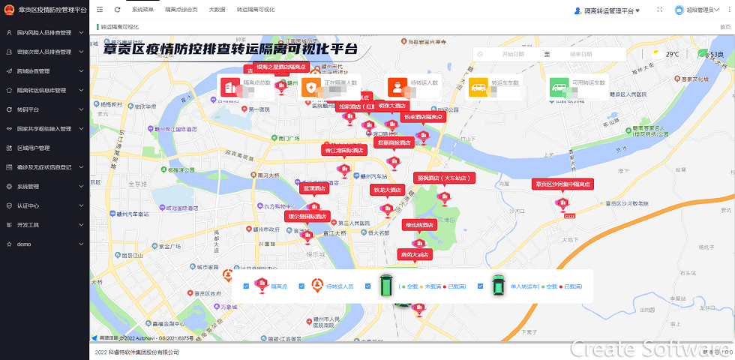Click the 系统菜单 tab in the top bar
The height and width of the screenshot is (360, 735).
pos(142,10)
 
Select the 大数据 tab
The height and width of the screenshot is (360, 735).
pos(217,10)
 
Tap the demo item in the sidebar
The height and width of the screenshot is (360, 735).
pos(23,244)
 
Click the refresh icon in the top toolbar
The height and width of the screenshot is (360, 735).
pos(118,10)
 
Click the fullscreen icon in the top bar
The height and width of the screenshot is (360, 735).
pos(660,10)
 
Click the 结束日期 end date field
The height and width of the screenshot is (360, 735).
pos(580,54)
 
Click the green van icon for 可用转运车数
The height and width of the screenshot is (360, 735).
pos(559,87)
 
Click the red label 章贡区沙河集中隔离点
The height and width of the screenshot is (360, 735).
pos(562,184)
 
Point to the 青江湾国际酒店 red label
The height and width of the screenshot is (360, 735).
pos(343,150)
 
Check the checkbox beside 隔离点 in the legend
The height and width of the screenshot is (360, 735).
pos(246,286)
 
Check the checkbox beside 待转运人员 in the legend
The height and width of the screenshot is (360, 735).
pos(301,286)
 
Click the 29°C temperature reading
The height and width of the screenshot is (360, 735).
pos(672,54)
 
